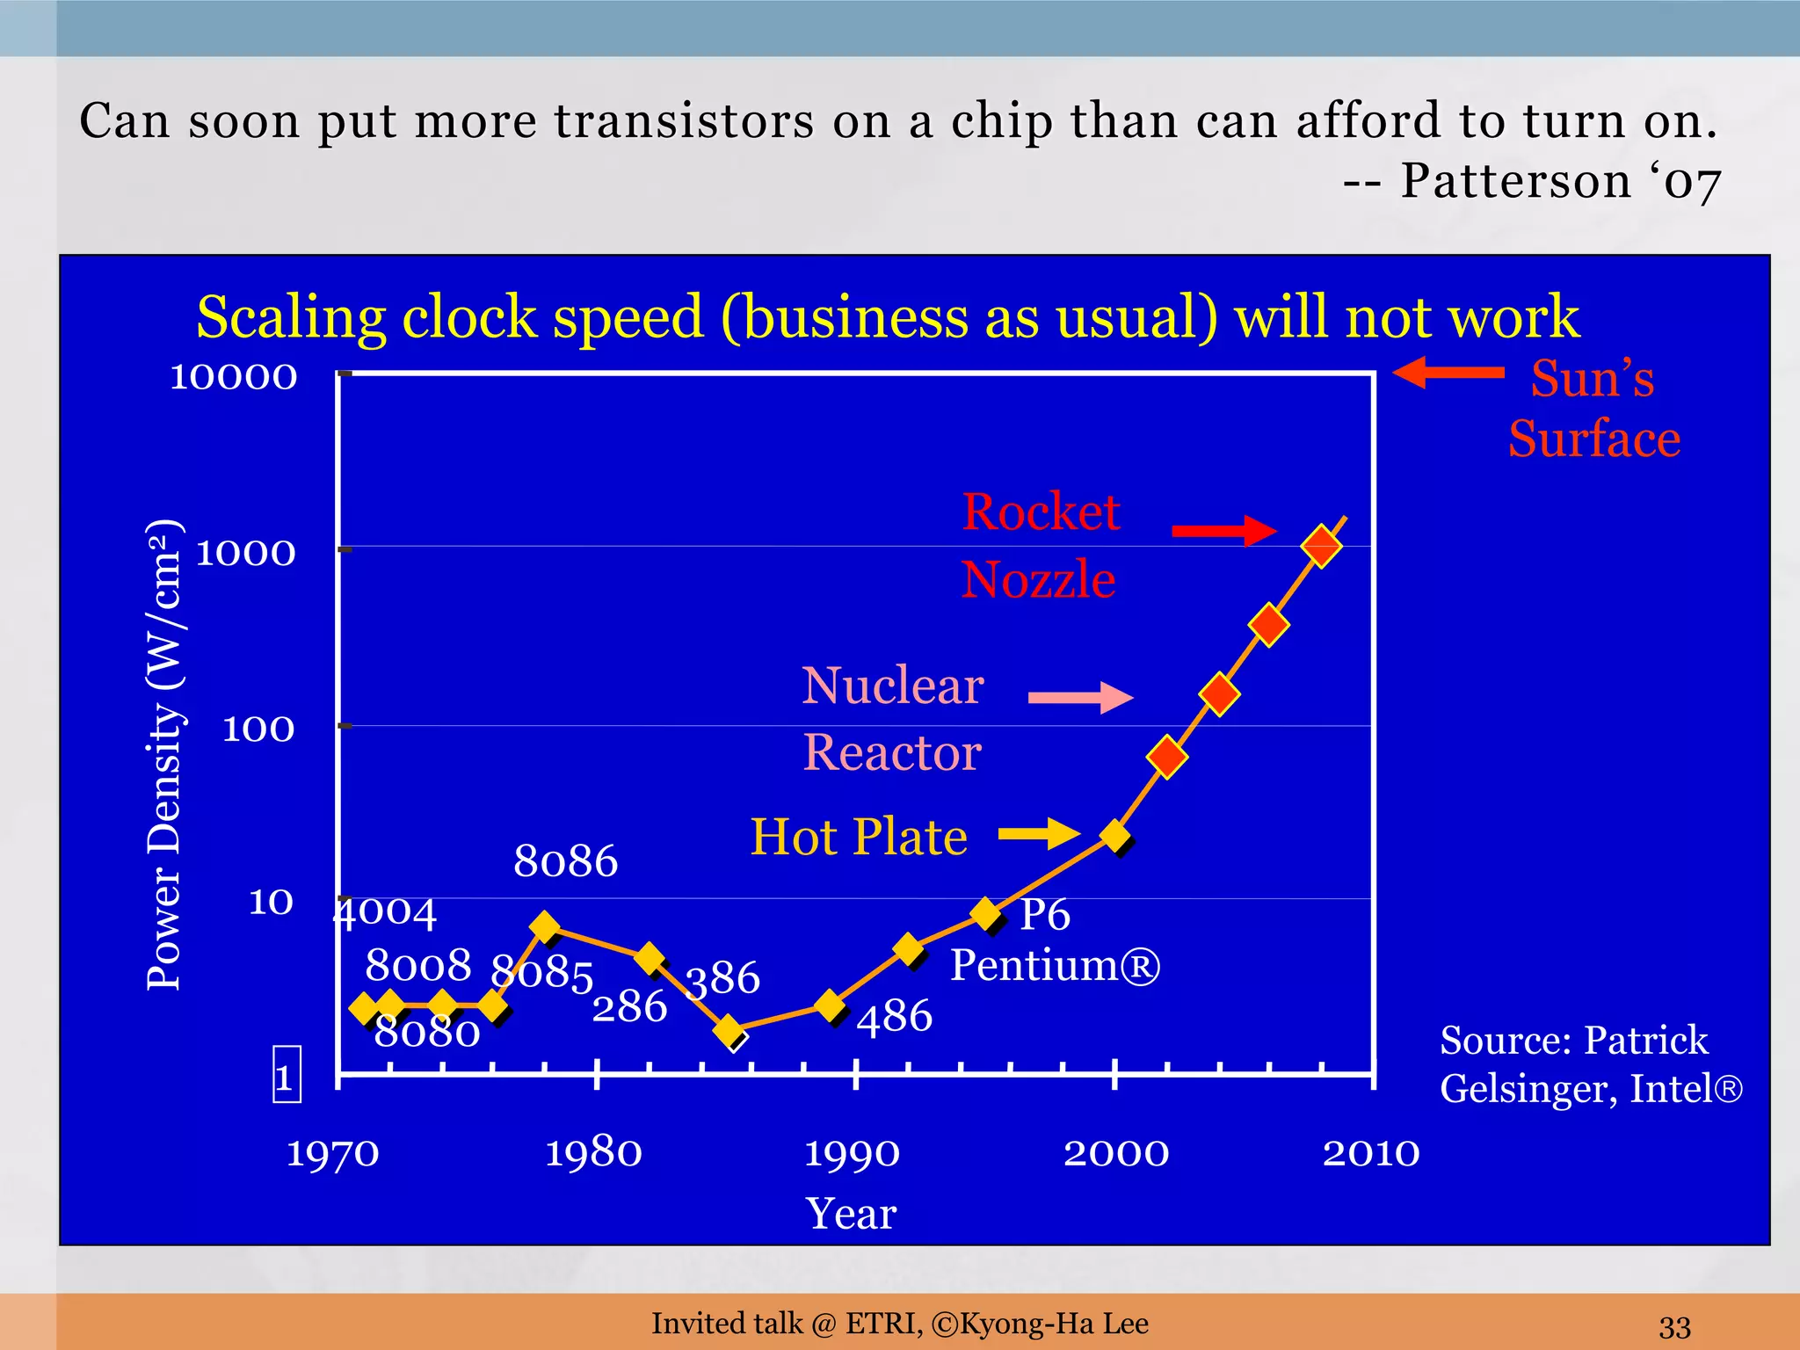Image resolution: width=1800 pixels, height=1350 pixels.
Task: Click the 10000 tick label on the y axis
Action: coord(234,377)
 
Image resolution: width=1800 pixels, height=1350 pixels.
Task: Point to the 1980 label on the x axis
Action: coord(594,1152)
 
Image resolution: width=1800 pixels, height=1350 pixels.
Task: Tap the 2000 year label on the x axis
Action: coord(1116,1152)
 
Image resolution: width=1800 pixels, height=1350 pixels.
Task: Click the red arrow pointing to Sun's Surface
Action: coord(1448,373)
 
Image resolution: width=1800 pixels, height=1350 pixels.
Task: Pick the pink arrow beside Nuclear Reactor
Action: coord(1080,698)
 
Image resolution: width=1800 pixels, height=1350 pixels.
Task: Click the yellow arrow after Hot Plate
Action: coord(1039,833)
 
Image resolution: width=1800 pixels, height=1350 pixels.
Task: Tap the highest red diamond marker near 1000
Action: coord(1321,546)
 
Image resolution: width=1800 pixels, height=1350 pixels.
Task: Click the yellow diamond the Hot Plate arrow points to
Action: coord(1115,835)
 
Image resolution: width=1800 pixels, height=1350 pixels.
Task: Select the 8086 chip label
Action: coord(566,860)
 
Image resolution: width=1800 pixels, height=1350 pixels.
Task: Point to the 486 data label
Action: coord(895,1017)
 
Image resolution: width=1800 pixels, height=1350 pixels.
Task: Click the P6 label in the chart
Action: coord(1045,915)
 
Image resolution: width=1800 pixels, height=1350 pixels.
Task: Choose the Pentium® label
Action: coord(1056,965)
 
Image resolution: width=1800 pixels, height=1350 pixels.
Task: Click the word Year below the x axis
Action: coord(851,1214)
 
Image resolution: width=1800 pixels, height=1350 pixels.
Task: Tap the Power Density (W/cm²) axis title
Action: coord(164,755)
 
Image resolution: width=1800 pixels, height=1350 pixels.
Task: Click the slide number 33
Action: coord(1675,1325)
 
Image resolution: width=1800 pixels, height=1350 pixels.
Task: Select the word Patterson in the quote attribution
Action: coord(1515,181)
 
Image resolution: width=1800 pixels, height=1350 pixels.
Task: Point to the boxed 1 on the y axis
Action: coord(287,1074)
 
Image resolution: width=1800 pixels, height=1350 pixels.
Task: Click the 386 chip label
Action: coord(722,978)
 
